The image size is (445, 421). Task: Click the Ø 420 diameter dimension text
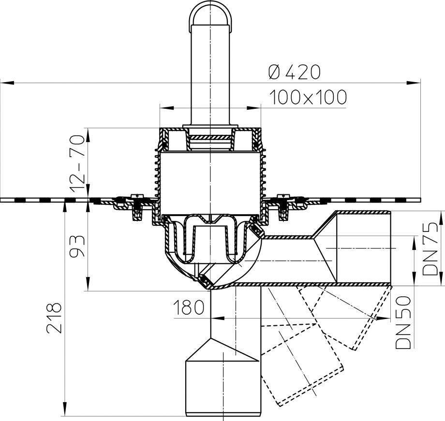294,72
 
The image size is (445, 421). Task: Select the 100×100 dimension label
308,98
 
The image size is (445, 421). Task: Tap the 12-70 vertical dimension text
77,158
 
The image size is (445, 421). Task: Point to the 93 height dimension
77,246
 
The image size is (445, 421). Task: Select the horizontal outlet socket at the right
363,247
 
